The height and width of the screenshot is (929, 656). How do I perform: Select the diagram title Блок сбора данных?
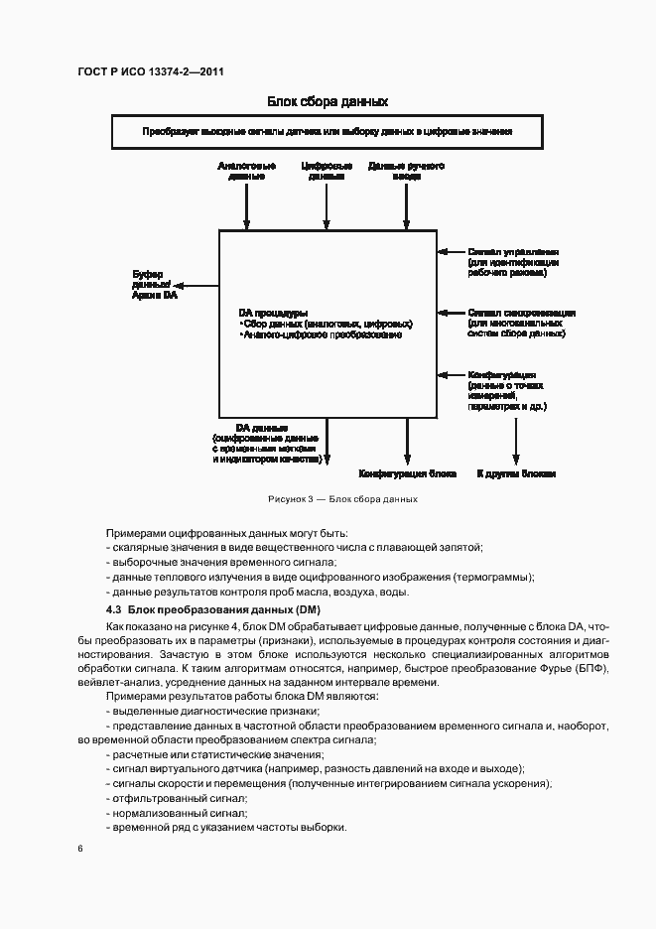coord(327,102)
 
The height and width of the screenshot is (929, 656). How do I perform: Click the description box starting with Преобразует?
coord(327,131)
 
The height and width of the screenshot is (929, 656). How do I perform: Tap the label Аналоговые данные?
coord(246,171)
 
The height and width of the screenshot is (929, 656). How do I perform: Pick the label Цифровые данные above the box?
coord(327,171)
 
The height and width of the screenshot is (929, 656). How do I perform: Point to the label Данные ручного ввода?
coord(405,171)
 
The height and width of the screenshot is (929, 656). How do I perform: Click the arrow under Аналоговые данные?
coord(246,207)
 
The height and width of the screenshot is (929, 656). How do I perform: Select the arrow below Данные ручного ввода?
coord(405,207)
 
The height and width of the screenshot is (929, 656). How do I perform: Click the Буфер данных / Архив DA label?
coord(154,284)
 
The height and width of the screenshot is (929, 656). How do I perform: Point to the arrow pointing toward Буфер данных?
coord(198,286)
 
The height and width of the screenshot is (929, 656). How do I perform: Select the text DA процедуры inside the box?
coord(273,312)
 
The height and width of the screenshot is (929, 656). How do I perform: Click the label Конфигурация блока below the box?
coord(407,473)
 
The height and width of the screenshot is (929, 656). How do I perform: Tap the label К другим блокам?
coord(515,473)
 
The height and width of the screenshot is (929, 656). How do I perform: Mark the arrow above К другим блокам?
coord(515,442)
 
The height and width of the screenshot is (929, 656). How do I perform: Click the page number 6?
coord(79,848)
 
